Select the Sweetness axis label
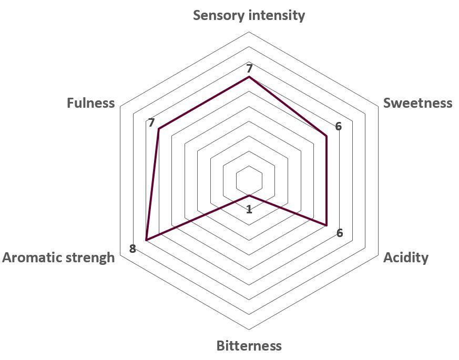tap(417, 103)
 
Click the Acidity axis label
tap(406, 258)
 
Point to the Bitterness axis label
tap(249, 346)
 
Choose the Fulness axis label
tap(91, 103)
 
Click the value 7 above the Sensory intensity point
tap(249, 68)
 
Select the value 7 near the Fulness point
tap(151, 122)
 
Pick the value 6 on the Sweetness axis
tap(339, 126)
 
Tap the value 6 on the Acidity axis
tap(340, 233)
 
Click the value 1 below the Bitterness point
tap(249, 209)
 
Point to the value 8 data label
tap(132, 249)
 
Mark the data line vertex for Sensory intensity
tap(249, 77)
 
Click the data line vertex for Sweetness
tap(326, 136)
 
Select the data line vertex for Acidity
tap(326, 225)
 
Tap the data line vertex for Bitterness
tap(249, 195)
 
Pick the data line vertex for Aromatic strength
tap(146, 240)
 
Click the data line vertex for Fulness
tap(159, 129)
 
